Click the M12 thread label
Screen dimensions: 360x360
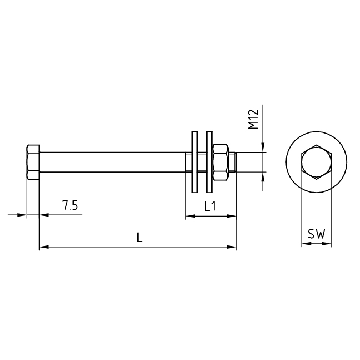[x=254, y=119]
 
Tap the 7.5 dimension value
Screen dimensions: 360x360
[x=70, y=205]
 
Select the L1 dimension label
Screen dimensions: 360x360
[x=210, y=207]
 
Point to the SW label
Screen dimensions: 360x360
[x=316, y=234]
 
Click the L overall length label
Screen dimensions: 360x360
[x=140, y=238]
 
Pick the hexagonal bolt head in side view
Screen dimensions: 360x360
[x=33, y=162]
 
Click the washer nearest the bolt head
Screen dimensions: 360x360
[x=195, y=162]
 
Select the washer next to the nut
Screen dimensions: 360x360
[x=209, y=162]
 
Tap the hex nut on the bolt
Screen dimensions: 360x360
[x=220, y=162]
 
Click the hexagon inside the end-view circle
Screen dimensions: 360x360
[x=316, y=162]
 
